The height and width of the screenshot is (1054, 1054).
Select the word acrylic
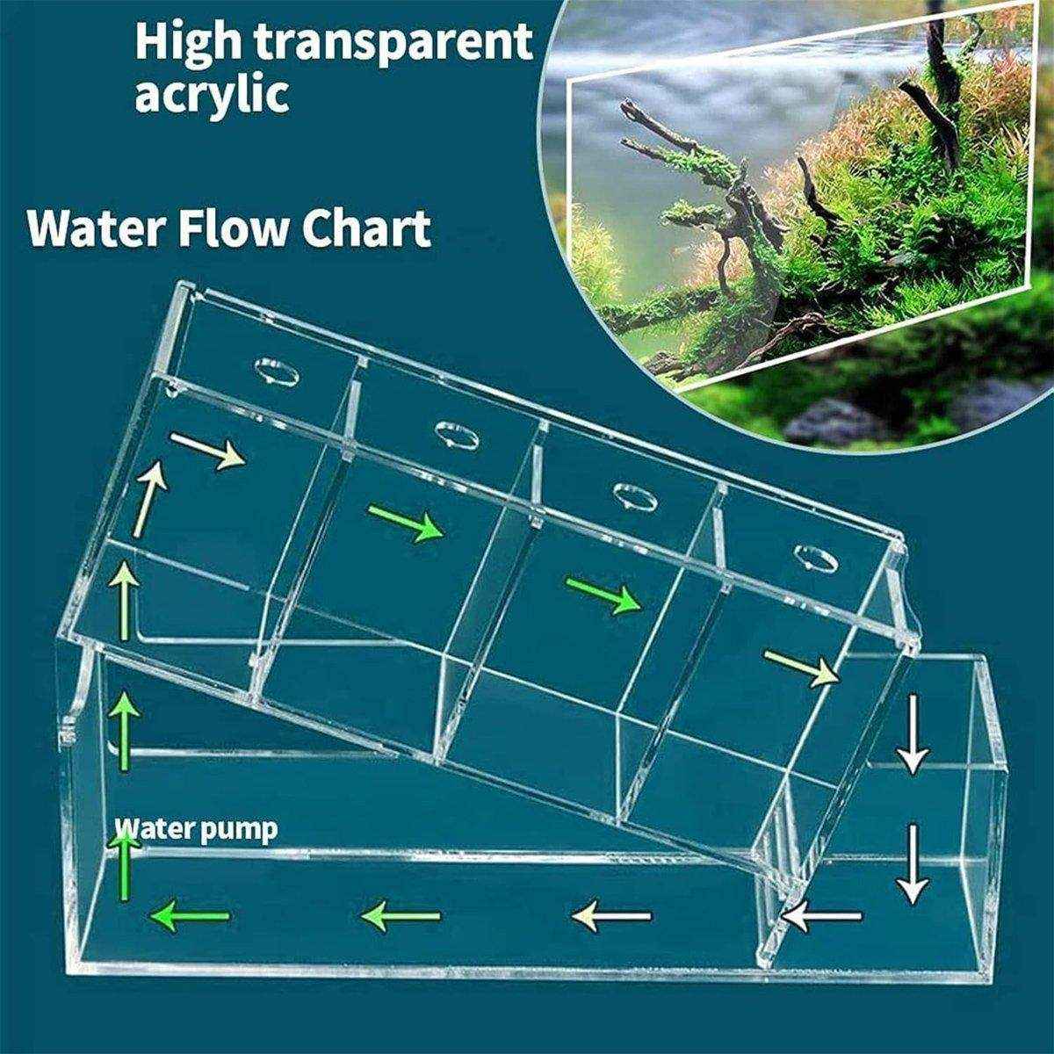pyautogui.click(x=212, y=94)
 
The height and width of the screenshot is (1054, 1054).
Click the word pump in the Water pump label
pyautogui.click(x=239, y=829)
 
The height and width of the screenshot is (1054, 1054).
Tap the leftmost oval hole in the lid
pyautogui.click(x=276, y=372)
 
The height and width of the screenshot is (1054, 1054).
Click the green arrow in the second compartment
pyautogui.click(x=405, y=523)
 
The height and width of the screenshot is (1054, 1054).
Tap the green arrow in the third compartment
pyautogui.click(x=603, y=595)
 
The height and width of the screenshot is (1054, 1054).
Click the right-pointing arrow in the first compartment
pyautogui.click(x=207, y=451)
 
